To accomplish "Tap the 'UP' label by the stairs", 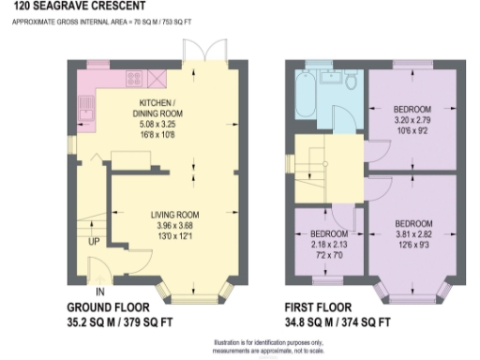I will (x=94, y=241).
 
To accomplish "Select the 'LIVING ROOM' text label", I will (x=176, y=215).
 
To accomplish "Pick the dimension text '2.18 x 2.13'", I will (x=328, y=244).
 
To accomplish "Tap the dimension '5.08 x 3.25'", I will (x=156, y=123).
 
